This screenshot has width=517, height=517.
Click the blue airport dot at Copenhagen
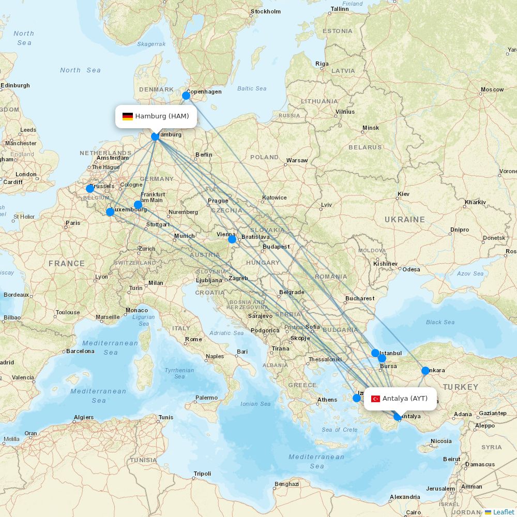point(186,96)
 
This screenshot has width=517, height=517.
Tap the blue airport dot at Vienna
point(232,239)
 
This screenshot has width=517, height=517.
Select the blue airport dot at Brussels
point(90,189)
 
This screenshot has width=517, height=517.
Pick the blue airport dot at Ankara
point(425,371)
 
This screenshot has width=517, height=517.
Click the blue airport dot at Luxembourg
point(110,212)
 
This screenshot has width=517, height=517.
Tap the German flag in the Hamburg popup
point(128,116)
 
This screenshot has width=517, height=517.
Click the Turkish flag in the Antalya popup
point(376,399)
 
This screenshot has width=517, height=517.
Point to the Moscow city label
point(492,89)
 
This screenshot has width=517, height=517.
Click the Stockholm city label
point(266,11)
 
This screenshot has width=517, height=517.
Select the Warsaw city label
point(297,160)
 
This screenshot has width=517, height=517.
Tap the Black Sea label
point(440,322)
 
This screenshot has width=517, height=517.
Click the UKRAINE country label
point(404,220)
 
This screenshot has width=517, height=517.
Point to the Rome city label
point(193,339)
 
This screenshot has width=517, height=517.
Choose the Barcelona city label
point(80,351)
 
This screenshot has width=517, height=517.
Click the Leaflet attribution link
point(503,512)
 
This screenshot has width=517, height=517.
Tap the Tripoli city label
point(202,474)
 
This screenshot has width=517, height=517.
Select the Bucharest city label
point(360,298)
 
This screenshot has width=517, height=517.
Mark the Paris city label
point(73,223)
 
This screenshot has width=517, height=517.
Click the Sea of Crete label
point(339,430)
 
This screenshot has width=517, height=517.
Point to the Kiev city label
point(403,194)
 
